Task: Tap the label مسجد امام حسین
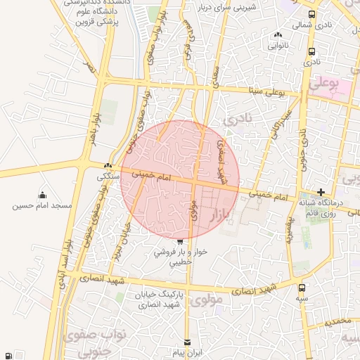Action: point(42,206)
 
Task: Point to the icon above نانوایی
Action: point(278,35)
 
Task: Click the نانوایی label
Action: point(277,45)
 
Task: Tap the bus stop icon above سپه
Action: point(302,288)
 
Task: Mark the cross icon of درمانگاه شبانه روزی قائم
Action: point(321,192)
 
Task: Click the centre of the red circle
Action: point(180,179)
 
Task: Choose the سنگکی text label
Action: point(108,177)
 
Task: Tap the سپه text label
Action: point(302,299)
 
